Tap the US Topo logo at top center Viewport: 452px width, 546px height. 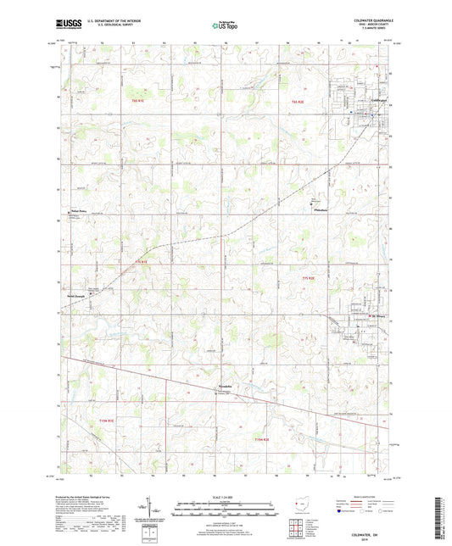pyautogui.click(x=222, y=25)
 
